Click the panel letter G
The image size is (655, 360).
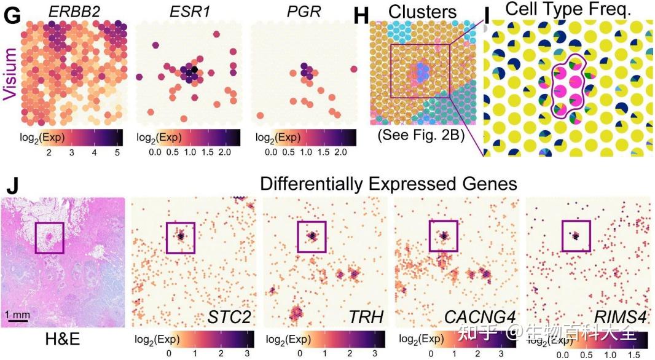click(x=12, y=15)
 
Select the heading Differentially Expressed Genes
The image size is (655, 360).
click(x=388, y=183)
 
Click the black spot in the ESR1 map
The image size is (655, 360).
click(x=194, y=69)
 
